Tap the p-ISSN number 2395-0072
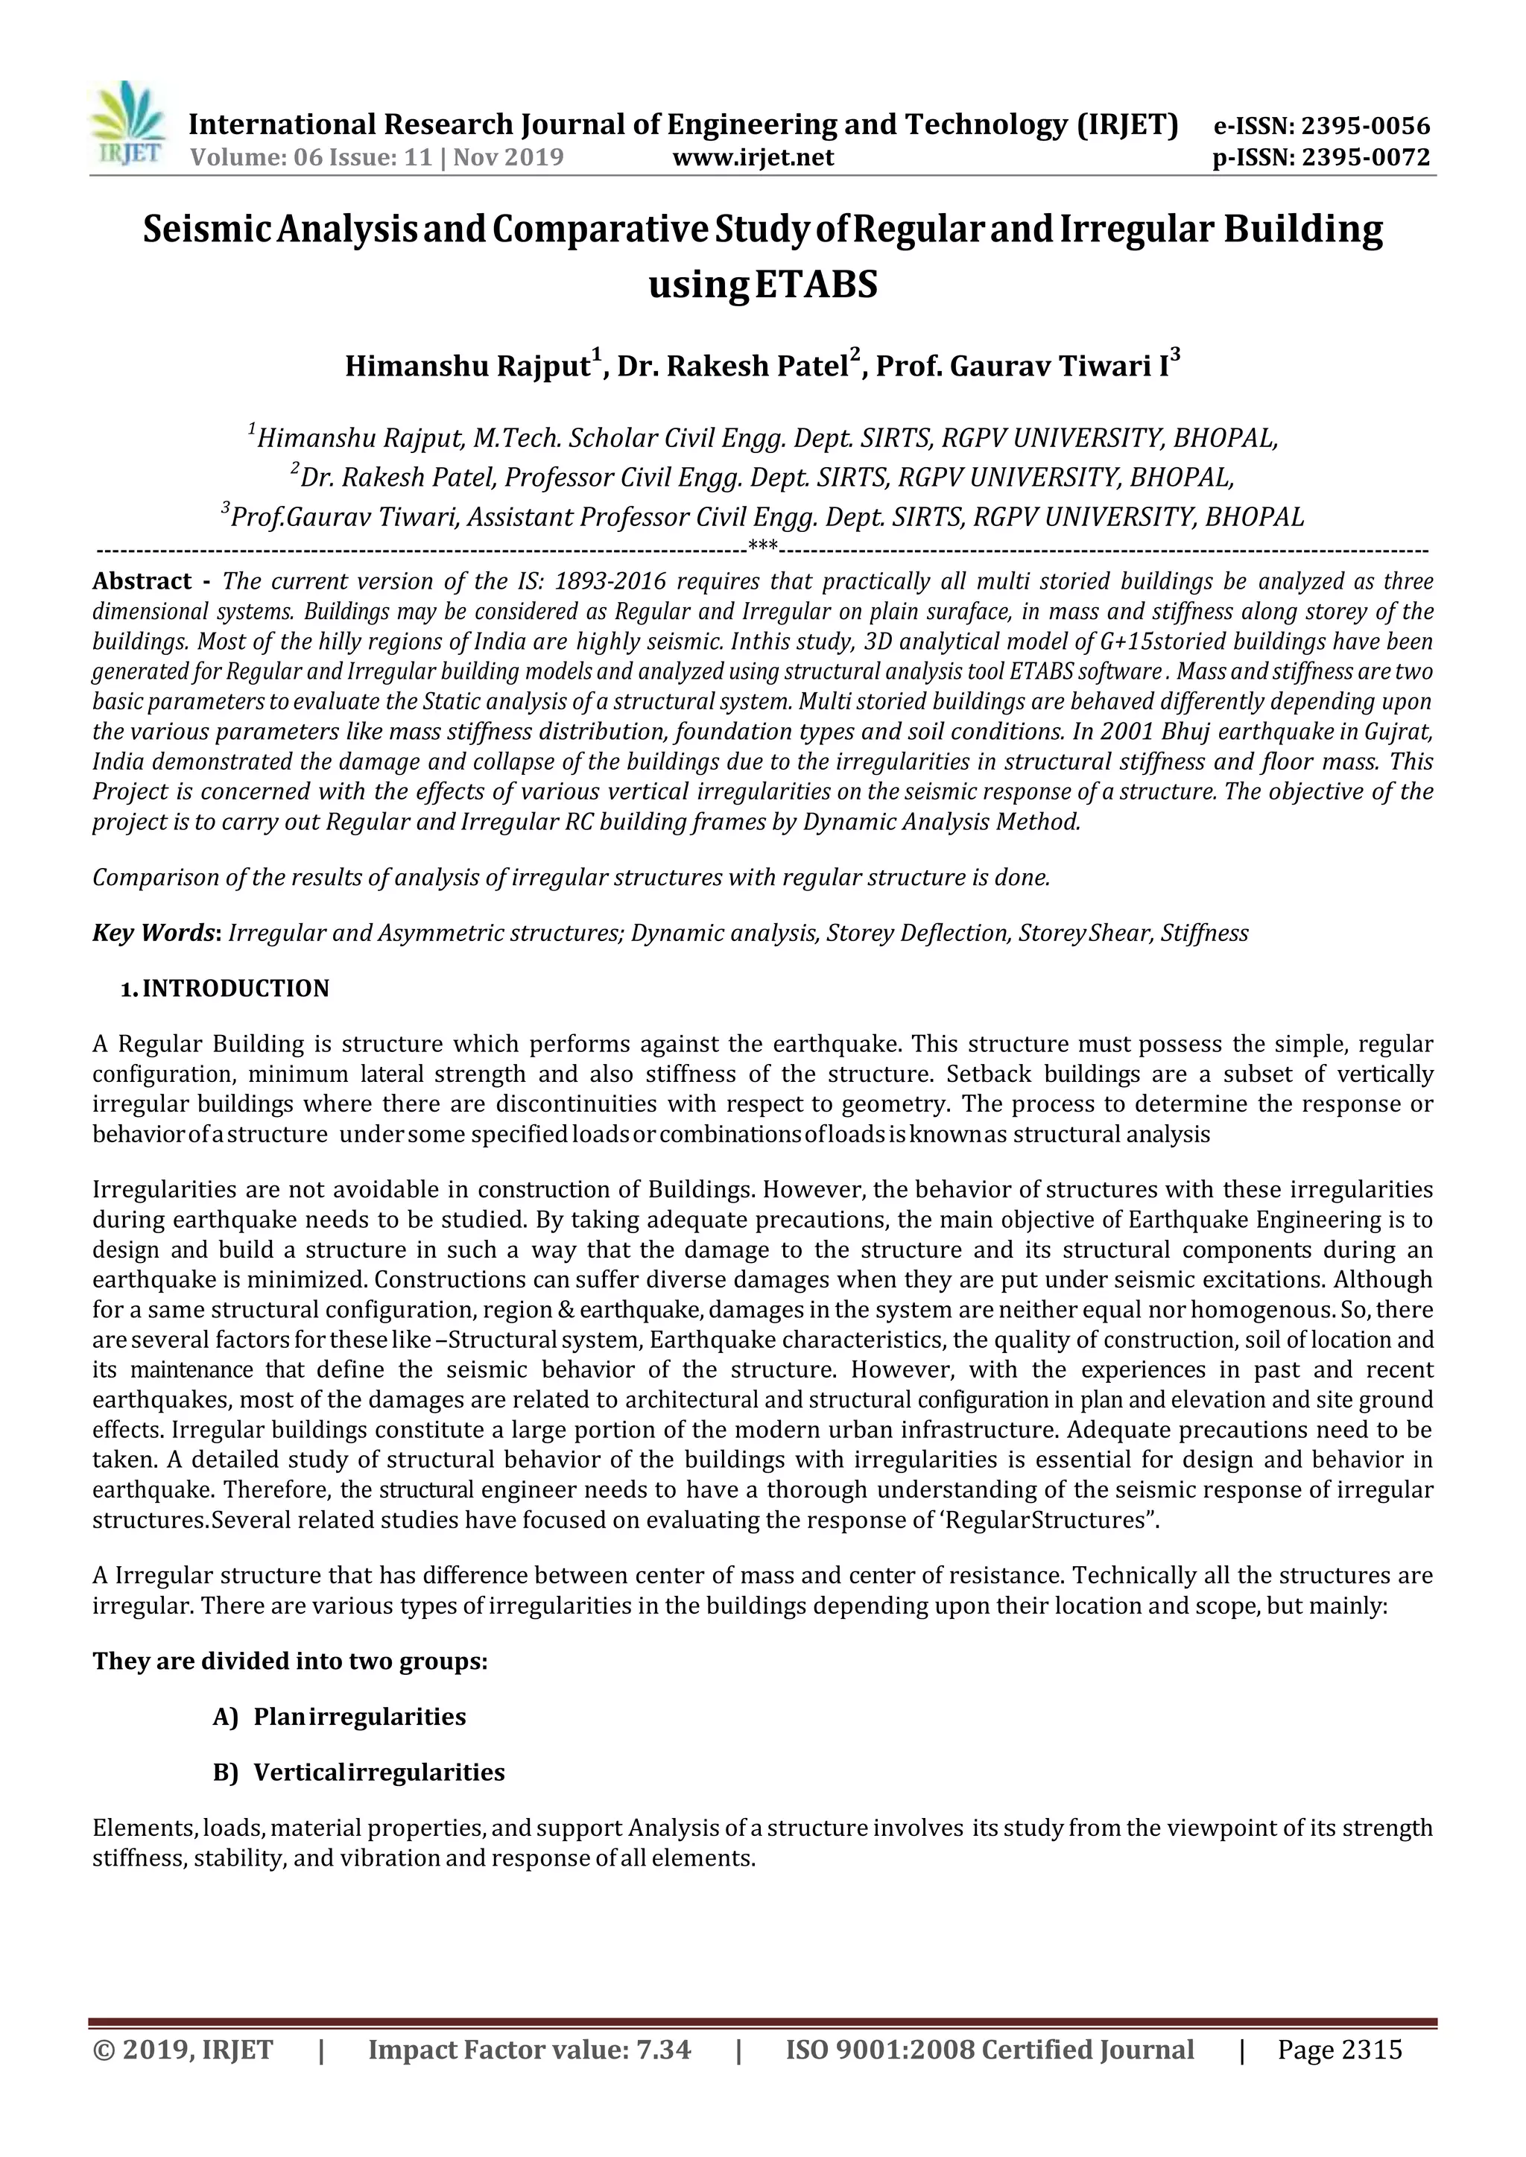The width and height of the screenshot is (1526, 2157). (x=1365, y=157)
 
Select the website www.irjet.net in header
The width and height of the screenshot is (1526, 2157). (x=753, y=157)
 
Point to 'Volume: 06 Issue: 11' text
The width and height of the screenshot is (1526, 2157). (x=310, y=157)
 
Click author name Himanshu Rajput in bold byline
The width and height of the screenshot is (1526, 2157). (x=468, y=365)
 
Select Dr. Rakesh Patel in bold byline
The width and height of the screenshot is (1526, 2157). (x=733, y=365)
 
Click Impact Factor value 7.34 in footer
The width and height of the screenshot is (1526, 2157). (x=529, y=2049)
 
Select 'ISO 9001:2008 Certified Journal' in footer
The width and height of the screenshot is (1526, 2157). (x=989, y=2049)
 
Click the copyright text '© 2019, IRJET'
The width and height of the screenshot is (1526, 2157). (x=183, y=2049)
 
